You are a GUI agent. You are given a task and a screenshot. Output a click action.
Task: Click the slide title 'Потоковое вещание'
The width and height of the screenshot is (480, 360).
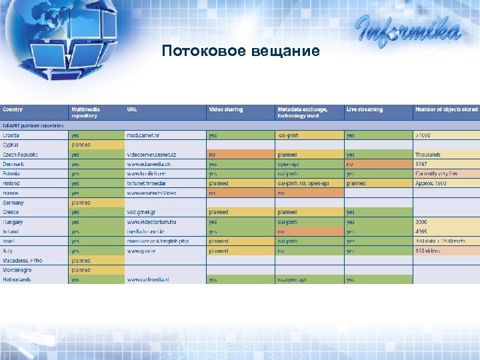240,51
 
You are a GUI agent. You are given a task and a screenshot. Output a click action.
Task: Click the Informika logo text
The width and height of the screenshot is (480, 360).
407,31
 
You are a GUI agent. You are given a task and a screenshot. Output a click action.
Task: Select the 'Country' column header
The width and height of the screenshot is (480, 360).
13,109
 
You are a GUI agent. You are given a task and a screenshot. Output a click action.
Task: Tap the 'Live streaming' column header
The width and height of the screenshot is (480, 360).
364,109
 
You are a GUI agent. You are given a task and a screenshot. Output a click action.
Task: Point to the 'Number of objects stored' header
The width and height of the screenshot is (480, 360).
446,109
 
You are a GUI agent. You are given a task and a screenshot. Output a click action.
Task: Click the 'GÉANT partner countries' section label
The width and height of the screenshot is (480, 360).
33,125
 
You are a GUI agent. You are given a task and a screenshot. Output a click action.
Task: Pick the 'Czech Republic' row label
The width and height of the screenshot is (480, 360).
20,155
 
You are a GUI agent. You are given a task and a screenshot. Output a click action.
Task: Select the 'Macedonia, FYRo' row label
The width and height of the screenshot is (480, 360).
22,261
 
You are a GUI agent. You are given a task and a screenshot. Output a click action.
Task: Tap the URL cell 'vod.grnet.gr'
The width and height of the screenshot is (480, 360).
143,212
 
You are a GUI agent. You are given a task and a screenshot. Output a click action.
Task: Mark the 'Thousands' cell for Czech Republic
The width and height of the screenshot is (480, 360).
428,155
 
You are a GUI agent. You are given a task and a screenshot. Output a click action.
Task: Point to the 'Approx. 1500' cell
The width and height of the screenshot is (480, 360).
431,183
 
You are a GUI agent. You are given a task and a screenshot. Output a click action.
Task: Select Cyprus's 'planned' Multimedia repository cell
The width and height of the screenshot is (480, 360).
81,145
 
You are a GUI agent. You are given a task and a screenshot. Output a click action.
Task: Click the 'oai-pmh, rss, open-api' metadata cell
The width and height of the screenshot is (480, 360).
303,183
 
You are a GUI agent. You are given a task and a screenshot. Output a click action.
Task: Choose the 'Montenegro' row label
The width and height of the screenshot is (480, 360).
18,270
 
